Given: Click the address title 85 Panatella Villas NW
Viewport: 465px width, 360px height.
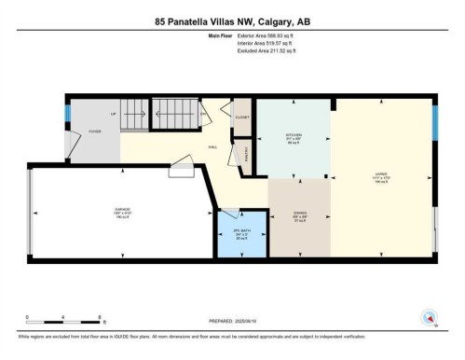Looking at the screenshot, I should pyautogui.click(x=231, y=22).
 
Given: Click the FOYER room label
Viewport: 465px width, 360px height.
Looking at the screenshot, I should pyautogui.click(x=95, y=132).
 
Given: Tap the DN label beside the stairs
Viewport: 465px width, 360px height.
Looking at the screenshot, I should pyautogui.click(x=204, y=115).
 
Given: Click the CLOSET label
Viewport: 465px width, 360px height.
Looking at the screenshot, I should pyautogui.click(x=241, y=118).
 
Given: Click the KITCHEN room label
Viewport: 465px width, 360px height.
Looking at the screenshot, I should pyautogui.click(x=294, y=135).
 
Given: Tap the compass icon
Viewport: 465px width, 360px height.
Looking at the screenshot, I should pyautogui.click(x=430, y=319).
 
